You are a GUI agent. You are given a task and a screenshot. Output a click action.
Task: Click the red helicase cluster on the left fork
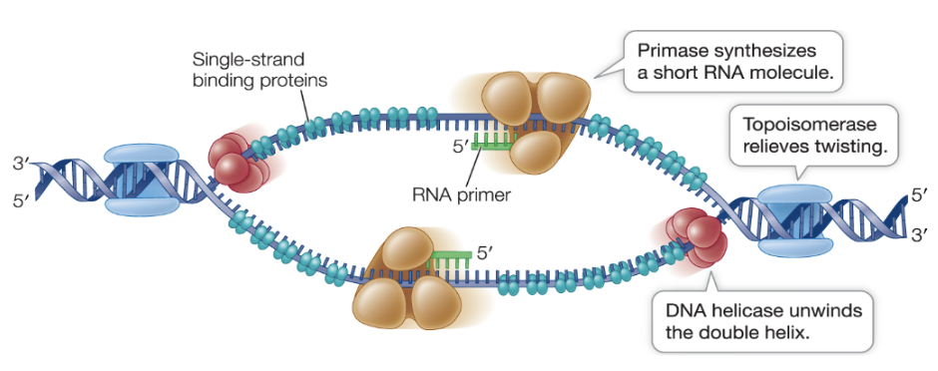click(x=232, y=161)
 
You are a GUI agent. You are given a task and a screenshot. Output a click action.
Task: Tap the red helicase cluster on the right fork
click(x=693, y=237)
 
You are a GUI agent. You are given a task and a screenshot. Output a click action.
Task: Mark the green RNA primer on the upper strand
click(x=493, y=144)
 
